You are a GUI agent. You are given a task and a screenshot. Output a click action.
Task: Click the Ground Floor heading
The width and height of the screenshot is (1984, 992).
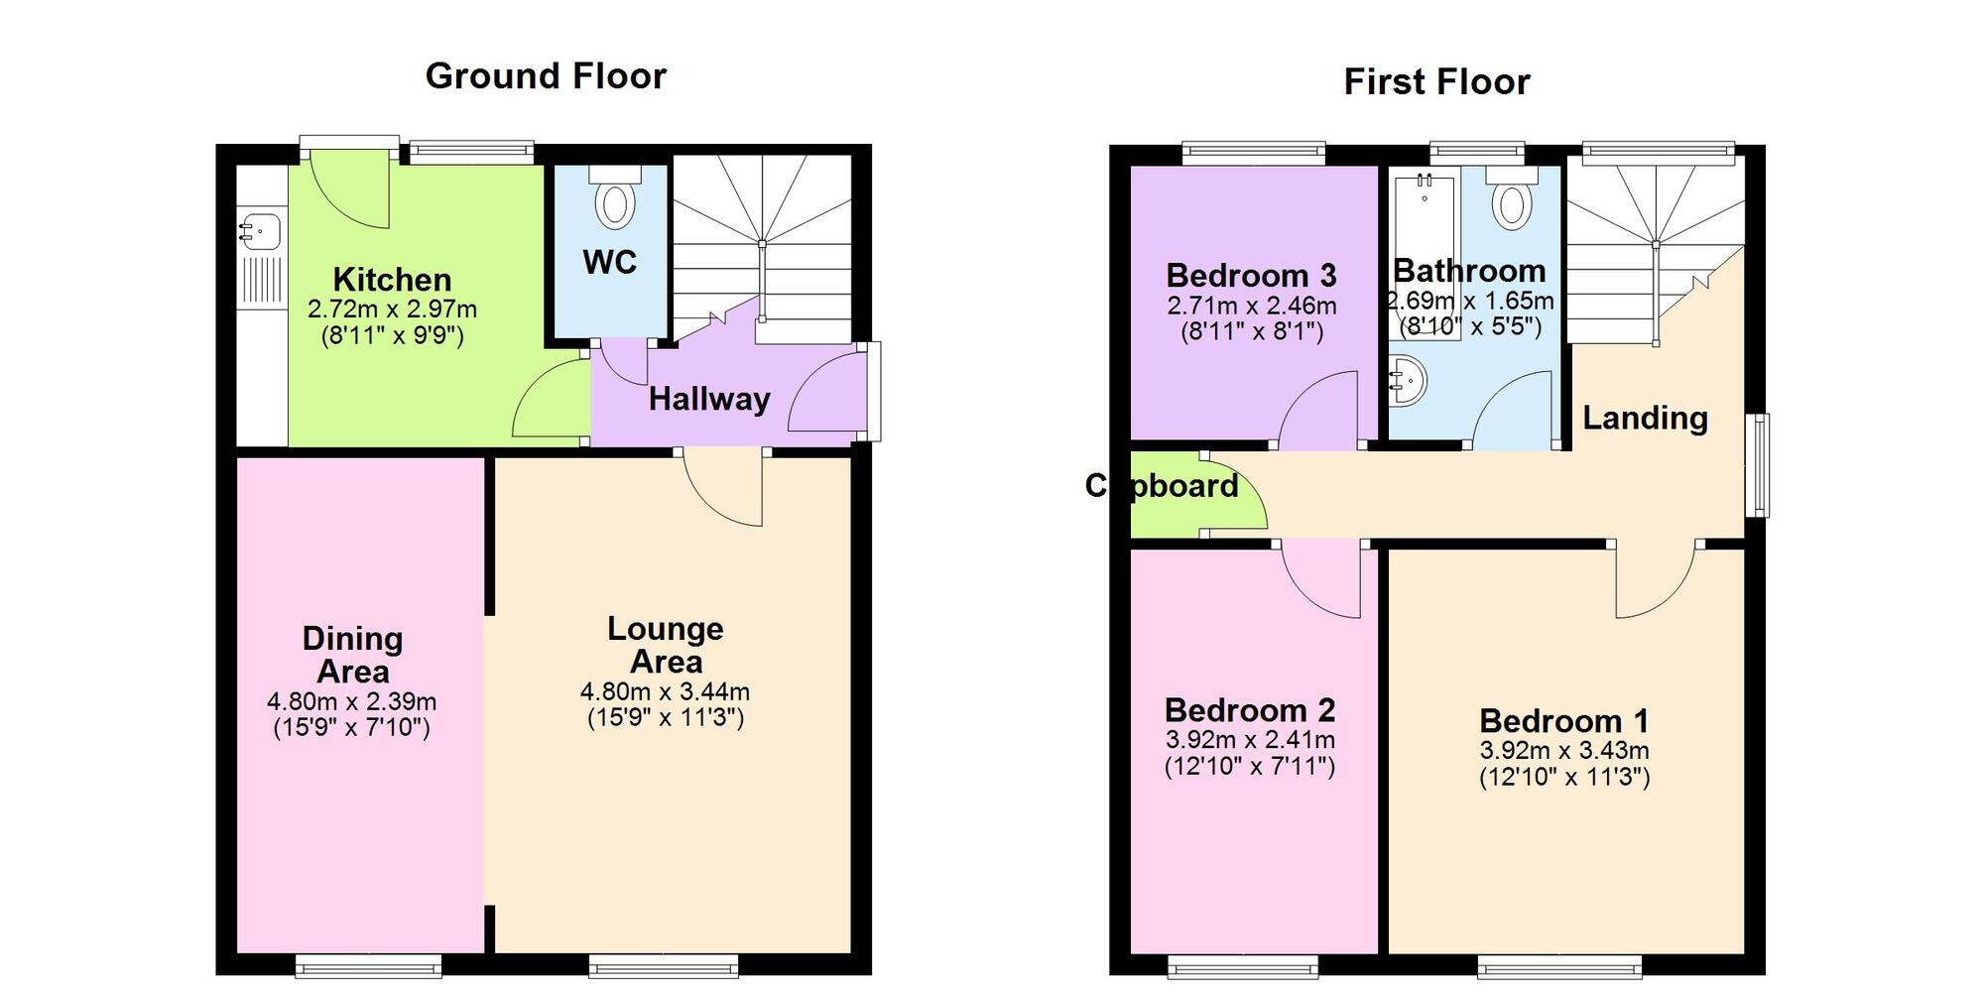point(546,76)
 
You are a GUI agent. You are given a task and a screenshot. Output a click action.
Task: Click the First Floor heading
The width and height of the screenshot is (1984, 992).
point(1436,82)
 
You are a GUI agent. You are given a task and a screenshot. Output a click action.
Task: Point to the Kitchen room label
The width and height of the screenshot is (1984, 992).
point(392,280)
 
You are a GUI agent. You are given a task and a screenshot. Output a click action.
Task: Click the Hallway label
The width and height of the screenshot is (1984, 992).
point(709,399)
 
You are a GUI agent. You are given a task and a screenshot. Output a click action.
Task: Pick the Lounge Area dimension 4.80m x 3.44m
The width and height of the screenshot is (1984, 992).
point(665,691)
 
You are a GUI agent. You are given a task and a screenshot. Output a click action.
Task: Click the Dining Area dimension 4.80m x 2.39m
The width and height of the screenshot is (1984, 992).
point(351,702)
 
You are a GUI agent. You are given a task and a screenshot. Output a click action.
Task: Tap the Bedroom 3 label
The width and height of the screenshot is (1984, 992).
point(1251,275)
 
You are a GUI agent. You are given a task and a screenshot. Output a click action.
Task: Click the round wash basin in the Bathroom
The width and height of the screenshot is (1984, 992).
point(1408,380)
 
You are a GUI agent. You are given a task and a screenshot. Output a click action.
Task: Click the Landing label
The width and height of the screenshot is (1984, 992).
point(1645,418)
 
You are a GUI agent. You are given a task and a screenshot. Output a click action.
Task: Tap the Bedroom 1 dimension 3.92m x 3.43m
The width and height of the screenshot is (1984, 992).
point(1564,751)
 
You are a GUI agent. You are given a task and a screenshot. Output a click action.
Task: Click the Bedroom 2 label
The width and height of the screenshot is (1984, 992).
point(1250,710)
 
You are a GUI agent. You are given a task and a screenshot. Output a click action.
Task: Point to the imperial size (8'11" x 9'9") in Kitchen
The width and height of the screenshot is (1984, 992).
point(392,335)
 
